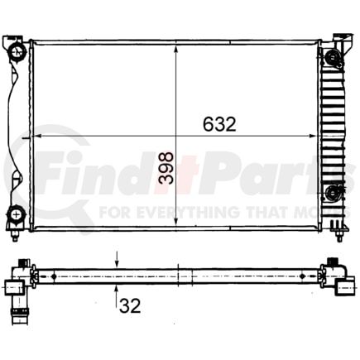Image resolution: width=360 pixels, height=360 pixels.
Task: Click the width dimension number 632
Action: click(x=219, y=124)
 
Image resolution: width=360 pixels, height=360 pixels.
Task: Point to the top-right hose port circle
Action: click(x=333, y=57)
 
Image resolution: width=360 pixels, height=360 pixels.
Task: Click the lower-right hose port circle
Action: click(x=333, y=194)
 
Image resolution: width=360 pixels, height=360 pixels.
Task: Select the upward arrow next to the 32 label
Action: click(x=116, y=286)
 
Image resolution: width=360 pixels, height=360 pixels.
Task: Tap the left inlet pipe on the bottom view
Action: click(x=14, y=287)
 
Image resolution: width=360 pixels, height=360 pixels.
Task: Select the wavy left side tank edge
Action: click(x=14, y=132)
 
